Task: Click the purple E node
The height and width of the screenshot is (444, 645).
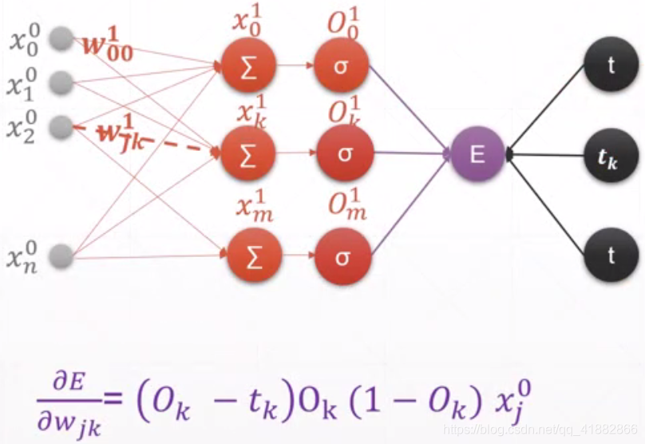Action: [477, 153]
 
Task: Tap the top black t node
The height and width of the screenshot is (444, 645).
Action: [611, 65]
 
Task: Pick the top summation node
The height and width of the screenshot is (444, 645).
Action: [249, 66]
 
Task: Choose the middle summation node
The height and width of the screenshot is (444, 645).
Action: [249, 153]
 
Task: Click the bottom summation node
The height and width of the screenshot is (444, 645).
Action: [249, 257]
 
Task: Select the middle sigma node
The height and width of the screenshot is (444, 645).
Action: [343, 153]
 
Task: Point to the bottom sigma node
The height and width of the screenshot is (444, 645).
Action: [343, 257]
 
